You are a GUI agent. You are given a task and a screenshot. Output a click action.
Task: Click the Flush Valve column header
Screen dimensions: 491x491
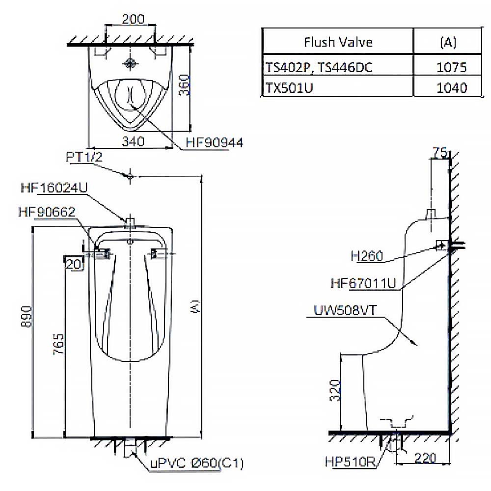pyautogui.click(x=338, y=42)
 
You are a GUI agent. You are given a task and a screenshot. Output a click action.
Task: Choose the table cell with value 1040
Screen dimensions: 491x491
pyautogui.click(x=451, y=87)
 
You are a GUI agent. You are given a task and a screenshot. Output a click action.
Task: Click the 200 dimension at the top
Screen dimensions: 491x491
pyautogui.click(x=132, y=19)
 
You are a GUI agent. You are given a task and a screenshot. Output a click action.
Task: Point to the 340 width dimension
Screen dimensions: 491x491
pyautogui.click(x=133, y=141)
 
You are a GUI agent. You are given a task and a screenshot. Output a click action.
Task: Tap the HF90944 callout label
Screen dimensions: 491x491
pyautogui.click(x=214, y=142)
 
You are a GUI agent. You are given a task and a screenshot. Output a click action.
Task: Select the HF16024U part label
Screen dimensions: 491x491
pyautogui.click(x=55, y=188)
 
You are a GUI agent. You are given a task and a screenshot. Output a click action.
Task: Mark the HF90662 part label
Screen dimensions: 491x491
pyautogui.click(x=46, y=212)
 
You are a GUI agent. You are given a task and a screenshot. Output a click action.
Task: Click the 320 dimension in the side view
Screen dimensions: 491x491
pyautogui.click(x=335, y=391)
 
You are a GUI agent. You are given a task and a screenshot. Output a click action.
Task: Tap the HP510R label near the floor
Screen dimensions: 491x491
pyautogui.click(x=350, y=462)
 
